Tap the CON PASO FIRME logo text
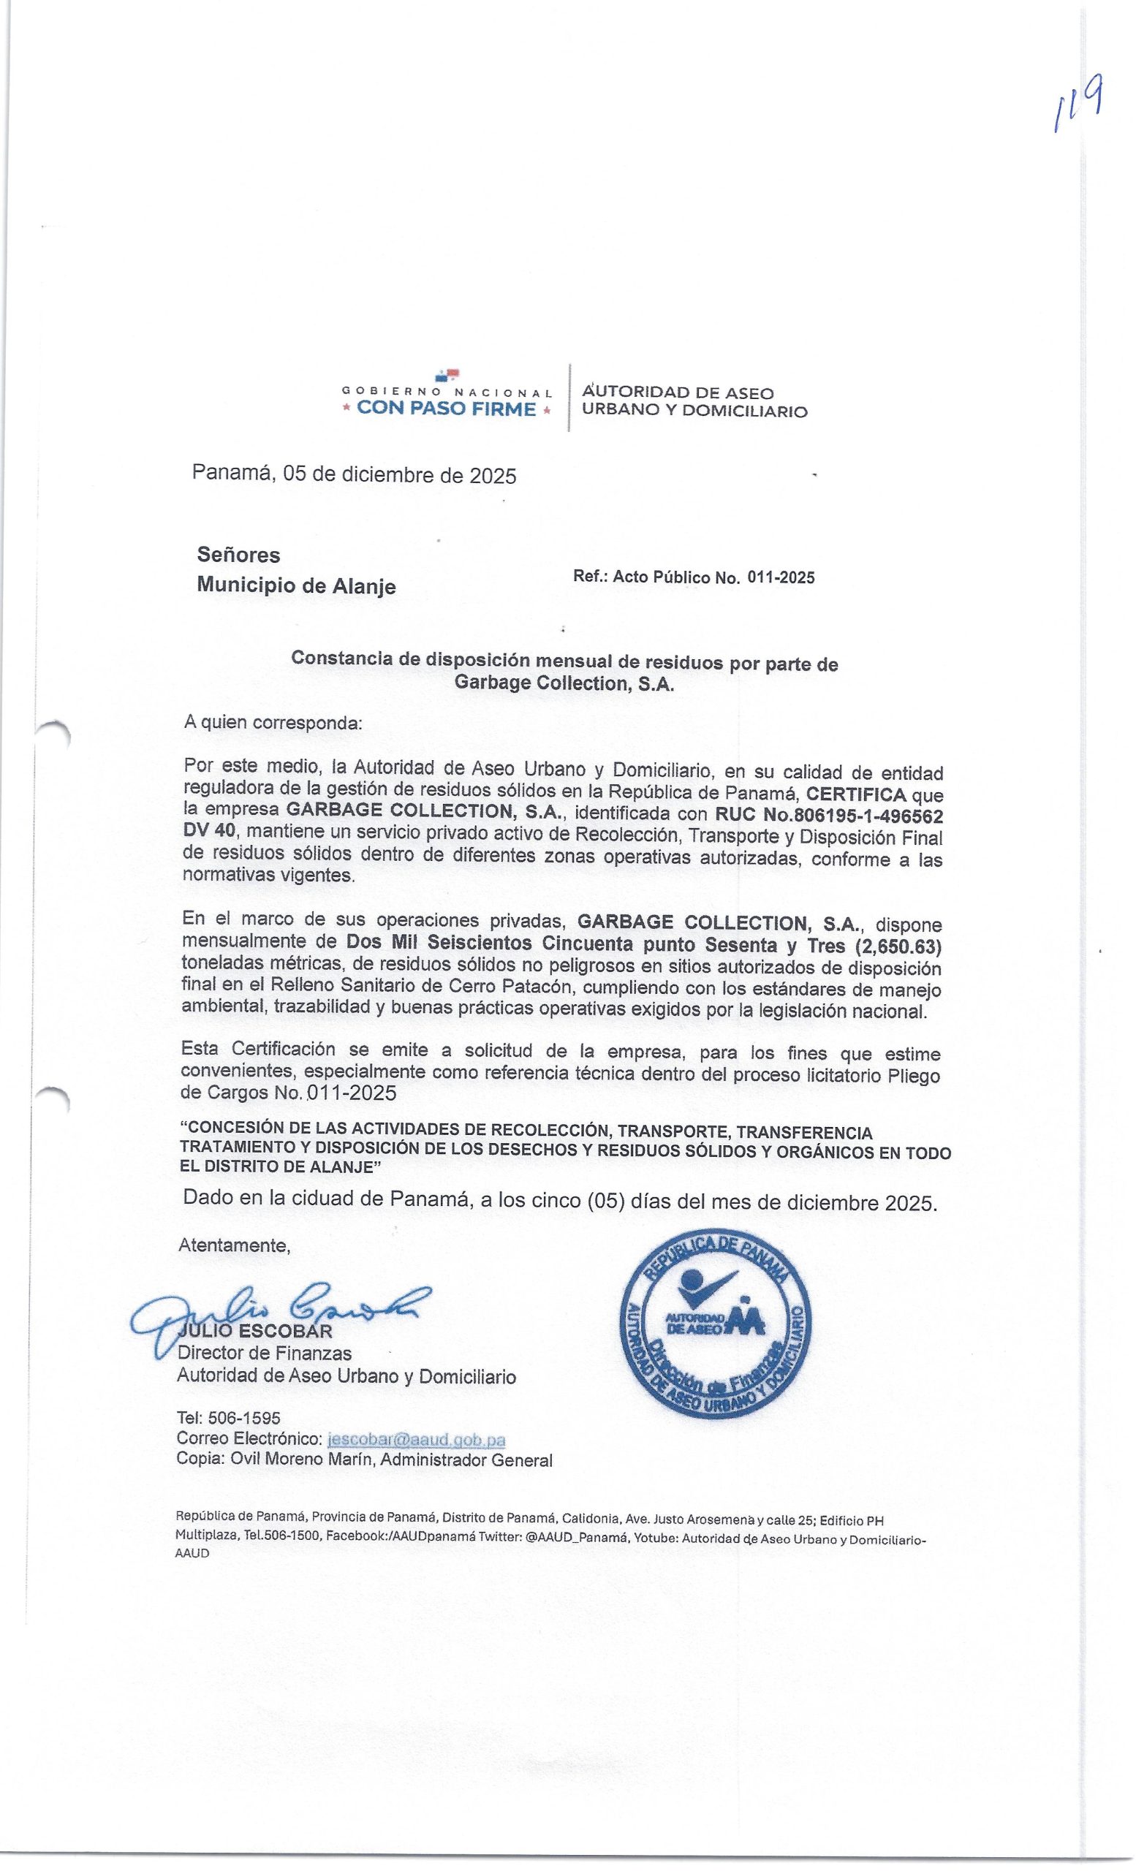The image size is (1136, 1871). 447,409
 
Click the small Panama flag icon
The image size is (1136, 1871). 447,373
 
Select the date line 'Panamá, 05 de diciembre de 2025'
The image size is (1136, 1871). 354,475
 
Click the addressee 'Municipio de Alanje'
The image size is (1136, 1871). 296,586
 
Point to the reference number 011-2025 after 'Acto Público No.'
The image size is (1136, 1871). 781,578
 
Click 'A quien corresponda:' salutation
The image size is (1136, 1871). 273,722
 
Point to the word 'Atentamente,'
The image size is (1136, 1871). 234,1246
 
